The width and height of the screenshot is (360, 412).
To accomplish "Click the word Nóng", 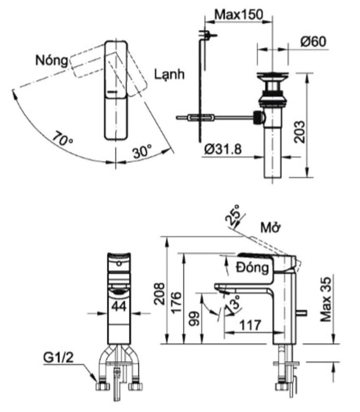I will tap(51, 60).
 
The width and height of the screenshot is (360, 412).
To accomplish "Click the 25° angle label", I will tap(232, 216).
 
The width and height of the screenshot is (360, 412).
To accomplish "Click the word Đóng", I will tap(252, 268).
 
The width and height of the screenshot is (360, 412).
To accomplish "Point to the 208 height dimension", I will tap(159, 292).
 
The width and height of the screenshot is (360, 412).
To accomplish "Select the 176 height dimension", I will tap(176, 301).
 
